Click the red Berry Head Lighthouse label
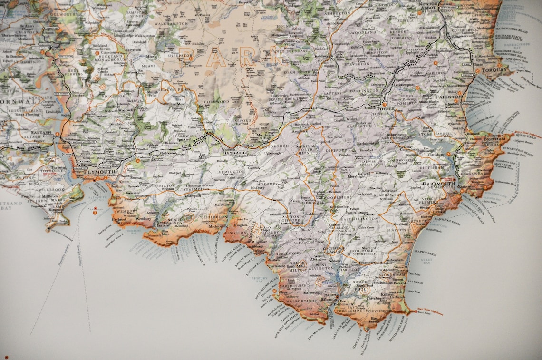[527, 134]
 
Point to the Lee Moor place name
[179, 103]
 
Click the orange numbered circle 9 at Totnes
[385, 104]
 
